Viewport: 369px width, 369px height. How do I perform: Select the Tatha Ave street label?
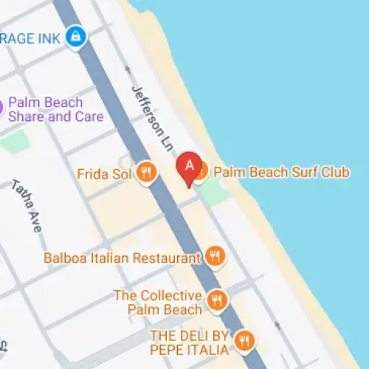coord(26,207)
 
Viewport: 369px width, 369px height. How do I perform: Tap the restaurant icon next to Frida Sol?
coord(146,173)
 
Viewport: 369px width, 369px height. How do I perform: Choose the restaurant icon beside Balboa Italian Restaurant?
coord(215,257)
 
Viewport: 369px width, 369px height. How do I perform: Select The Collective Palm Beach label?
coord(157,302)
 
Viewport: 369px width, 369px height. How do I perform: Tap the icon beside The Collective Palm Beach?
coord(216,300)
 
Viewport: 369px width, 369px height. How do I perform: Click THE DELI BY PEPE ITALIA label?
coord(190,342)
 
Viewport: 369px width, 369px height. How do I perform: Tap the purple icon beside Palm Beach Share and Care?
coord(2,108)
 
